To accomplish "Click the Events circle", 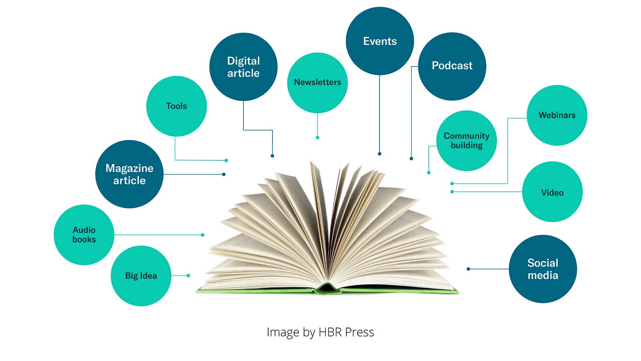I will coord(380,41).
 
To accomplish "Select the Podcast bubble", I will coord(452,66).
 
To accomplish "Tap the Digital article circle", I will coord(243,67).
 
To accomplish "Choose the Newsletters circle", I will coord(317,82).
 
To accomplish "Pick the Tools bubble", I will coord(177,106).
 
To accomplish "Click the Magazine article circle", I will coord(129,174).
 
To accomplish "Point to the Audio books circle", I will coord(84,235).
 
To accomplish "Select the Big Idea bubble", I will coord(141,276).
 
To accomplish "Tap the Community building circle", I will coord(467,141).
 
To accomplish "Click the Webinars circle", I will coord(557,115).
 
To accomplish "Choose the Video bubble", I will coord(552,192).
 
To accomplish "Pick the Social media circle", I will coord(543,269).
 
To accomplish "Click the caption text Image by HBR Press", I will coord(320,332).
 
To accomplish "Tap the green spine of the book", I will coord(327,290).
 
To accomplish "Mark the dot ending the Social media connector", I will coord(468,269).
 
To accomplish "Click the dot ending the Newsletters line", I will coord(317,138).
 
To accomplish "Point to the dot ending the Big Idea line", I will coord(188,275).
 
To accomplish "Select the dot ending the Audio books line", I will coord(203,235).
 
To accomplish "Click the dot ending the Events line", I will coord(379,154).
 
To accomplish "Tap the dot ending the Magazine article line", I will coord(224,174).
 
